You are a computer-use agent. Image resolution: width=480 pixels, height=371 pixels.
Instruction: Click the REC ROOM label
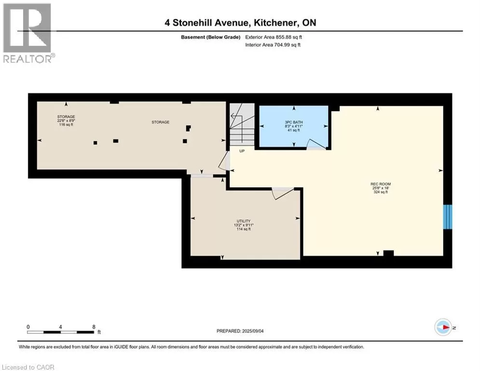[381, 184]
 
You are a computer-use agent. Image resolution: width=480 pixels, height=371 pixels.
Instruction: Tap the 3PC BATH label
[294, 122]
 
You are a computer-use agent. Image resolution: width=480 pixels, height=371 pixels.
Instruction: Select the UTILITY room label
[243, 221]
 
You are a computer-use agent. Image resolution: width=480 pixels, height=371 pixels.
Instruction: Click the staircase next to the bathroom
[242, 124]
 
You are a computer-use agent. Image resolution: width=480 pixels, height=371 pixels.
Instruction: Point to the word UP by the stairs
[242, 151]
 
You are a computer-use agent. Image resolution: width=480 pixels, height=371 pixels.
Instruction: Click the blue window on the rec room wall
[448, 217]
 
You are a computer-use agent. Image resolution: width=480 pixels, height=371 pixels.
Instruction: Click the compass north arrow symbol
[443, 327]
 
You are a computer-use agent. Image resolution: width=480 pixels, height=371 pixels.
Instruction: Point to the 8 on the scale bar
[94, 327]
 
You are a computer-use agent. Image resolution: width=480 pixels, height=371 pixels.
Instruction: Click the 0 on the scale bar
[28, 327]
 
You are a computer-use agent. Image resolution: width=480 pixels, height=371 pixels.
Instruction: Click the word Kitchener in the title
[275, 23]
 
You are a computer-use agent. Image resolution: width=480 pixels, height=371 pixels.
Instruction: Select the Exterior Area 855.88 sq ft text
[274, 37]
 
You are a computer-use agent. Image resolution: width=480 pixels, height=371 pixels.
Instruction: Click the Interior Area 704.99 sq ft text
[273, 45]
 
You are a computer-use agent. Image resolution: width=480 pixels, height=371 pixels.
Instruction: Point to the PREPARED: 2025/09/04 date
[240, 331]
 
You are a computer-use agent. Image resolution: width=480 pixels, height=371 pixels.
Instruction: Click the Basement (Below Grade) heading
[211, 37]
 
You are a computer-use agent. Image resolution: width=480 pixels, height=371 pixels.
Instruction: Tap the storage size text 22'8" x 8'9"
[66, 121]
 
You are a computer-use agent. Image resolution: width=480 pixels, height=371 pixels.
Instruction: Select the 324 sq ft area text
[381, 192]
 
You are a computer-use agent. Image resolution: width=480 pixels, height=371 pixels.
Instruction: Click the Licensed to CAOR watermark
[28, 367]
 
